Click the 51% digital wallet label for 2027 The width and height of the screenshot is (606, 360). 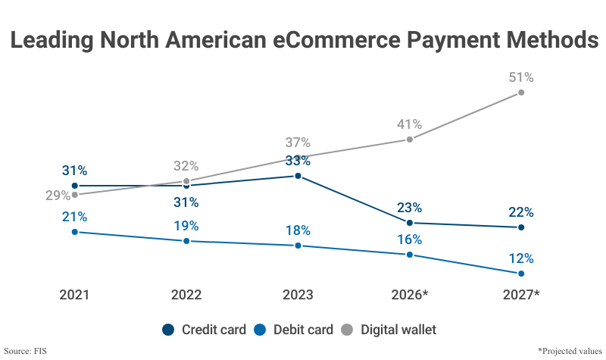point(521,77)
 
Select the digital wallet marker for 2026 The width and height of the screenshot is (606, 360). point(410,139)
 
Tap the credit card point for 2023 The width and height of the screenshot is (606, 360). point(298,176)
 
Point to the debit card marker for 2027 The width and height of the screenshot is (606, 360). point(521,273)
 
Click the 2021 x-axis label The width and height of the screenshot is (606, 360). point(74,295)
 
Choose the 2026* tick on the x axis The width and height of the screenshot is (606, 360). point(410,295)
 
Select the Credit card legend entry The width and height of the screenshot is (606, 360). point(204,330)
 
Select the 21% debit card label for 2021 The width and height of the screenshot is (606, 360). point(74,217)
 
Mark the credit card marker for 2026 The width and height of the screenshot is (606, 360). point(410,223)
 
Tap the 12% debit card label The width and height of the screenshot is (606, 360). point(521,258)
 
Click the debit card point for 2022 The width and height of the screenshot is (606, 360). point(186,241)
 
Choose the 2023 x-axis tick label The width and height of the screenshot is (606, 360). point(298,295)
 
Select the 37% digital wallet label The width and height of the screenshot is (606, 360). point(298,142)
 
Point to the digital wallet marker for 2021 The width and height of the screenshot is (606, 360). point(74,195)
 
